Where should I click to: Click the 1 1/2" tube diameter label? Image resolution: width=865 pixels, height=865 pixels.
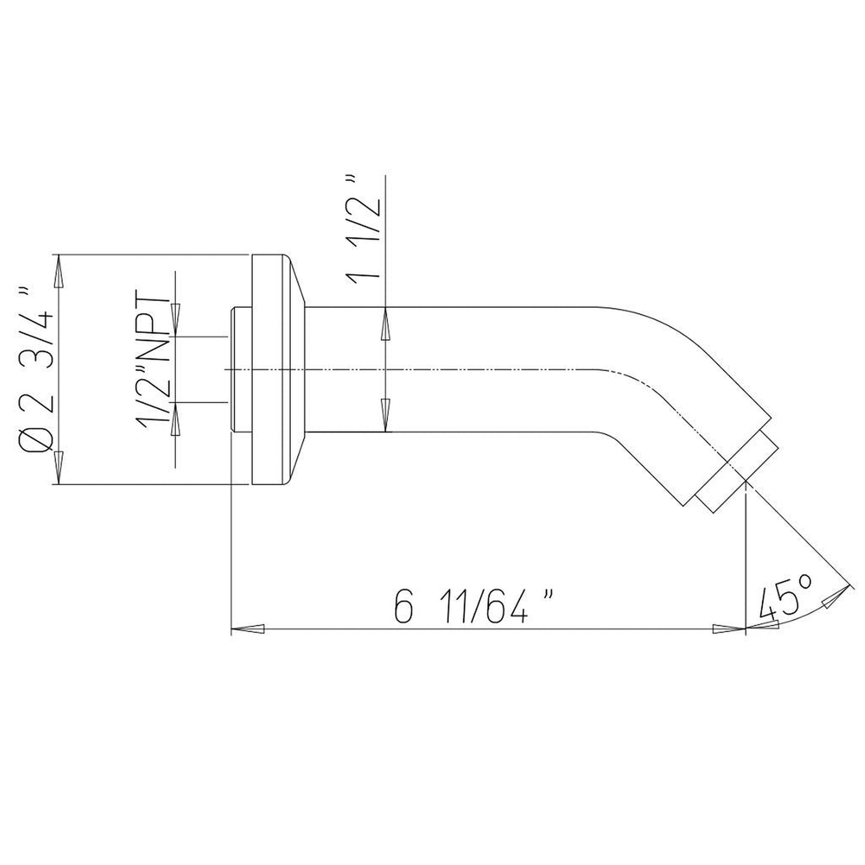(x=363, y=228)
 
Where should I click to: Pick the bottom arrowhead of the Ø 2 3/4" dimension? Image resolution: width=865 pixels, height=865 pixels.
(x=59, y=468)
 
